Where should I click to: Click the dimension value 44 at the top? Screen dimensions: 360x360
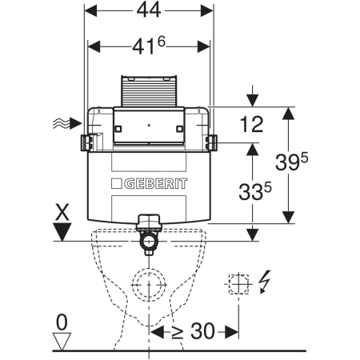(x=149, y=10)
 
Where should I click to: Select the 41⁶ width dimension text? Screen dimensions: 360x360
(x=149, y=46)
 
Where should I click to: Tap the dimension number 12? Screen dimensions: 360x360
(x=251, y=125)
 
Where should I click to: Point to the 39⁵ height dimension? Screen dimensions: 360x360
(x=292, y=162)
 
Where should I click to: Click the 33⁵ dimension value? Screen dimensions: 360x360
(x=255, y=191)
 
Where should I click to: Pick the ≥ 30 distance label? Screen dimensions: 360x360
(x=193, y=331)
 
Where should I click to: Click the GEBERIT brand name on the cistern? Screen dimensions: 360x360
(x=156, y=184)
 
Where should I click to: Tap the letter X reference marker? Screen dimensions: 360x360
(x=62, y=212)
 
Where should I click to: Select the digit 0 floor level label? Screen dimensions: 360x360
(x=62, y=322)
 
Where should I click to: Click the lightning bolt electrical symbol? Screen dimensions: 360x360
(x=265, y=282)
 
